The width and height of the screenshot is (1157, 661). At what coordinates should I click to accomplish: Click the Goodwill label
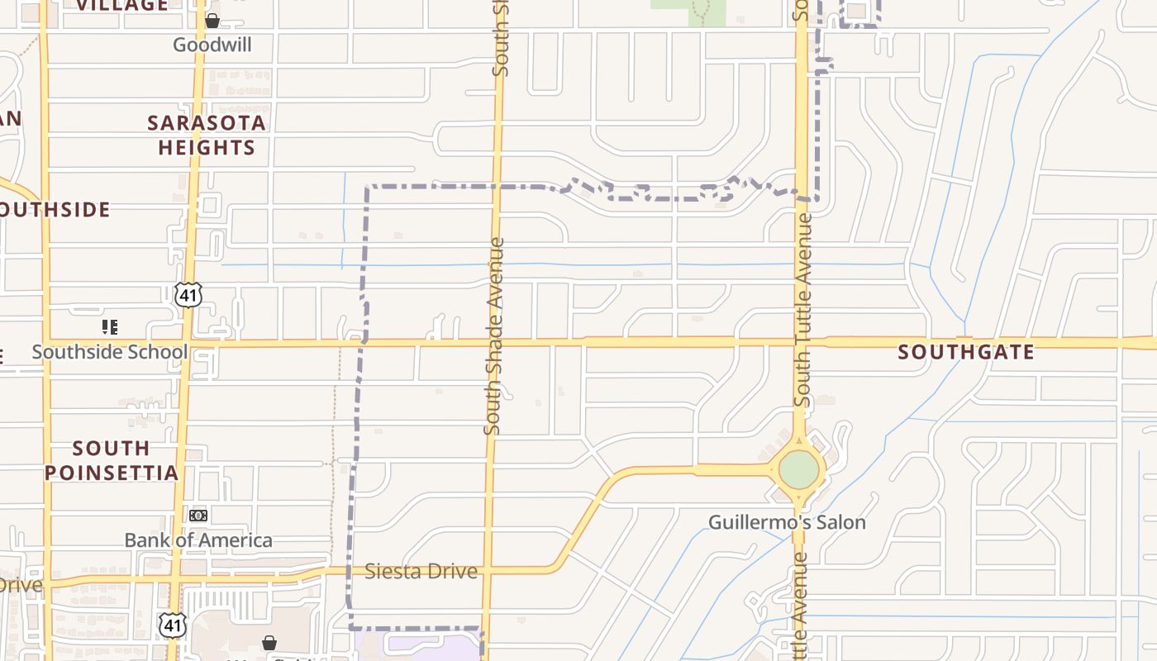212,45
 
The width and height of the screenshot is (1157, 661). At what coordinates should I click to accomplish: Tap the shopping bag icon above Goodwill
212,21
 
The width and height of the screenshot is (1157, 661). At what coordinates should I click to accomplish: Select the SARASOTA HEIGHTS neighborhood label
207,136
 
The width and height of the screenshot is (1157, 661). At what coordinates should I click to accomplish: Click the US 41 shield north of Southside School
188,294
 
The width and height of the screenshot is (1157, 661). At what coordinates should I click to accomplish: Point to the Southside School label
110,352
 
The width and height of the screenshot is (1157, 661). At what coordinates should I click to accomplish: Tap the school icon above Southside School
110,327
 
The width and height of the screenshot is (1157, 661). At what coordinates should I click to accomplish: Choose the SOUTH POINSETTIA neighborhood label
112,460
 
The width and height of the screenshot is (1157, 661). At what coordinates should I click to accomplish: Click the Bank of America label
198,540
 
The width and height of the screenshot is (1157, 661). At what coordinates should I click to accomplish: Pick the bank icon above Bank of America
198,516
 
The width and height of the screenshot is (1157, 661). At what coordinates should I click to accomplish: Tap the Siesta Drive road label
421,571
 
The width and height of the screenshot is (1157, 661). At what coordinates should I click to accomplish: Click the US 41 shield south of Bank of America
173,625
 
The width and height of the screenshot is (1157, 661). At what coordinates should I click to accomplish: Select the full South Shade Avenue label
494,335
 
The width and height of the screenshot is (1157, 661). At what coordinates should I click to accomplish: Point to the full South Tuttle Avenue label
802,310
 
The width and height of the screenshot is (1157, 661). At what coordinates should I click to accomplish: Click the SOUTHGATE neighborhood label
966,352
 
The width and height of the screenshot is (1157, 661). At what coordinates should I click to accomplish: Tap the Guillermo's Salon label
787,522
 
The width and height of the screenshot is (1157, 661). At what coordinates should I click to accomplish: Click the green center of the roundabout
798,469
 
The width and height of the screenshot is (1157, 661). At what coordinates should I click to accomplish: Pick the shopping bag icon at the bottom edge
269,642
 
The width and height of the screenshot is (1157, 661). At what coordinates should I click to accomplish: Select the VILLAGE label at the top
122,6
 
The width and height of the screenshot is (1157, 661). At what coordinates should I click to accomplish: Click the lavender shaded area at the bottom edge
417,646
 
